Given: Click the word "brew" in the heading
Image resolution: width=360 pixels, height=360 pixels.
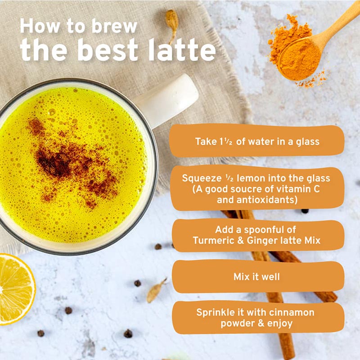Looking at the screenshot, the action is (x=114, y=27).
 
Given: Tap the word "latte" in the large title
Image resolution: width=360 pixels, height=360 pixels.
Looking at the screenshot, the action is (x=182, y=50).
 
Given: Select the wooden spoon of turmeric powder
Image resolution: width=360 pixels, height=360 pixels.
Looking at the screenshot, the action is (x=317, y=44).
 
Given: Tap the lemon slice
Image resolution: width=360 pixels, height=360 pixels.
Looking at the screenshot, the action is (x=16, y=289).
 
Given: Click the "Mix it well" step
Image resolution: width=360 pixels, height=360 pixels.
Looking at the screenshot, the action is (x=256, y=277).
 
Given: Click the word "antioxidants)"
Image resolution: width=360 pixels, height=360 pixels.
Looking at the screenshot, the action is (x=267, y=200).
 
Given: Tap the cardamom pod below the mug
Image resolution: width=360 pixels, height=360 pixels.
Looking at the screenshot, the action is (x=156, y=291).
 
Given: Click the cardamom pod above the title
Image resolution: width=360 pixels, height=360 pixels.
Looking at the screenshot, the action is (x=172, y=25).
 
